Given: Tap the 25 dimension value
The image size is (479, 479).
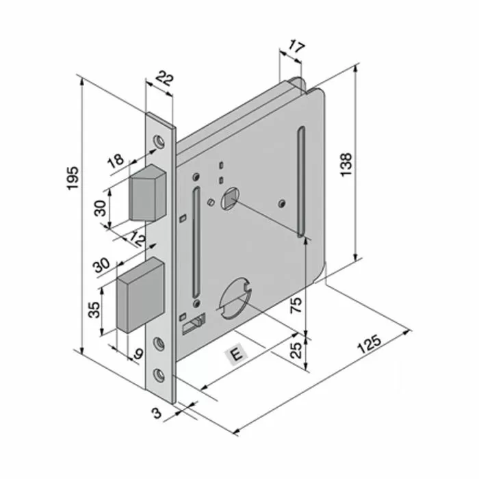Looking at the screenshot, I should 296,351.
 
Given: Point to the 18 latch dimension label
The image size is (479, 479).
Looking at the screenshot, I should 116,161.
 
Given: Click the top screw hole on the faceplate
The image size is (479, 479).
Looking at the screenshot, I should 159,140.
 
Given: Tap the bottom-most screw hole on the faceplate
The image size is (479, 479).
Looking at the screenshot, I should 160,374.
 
